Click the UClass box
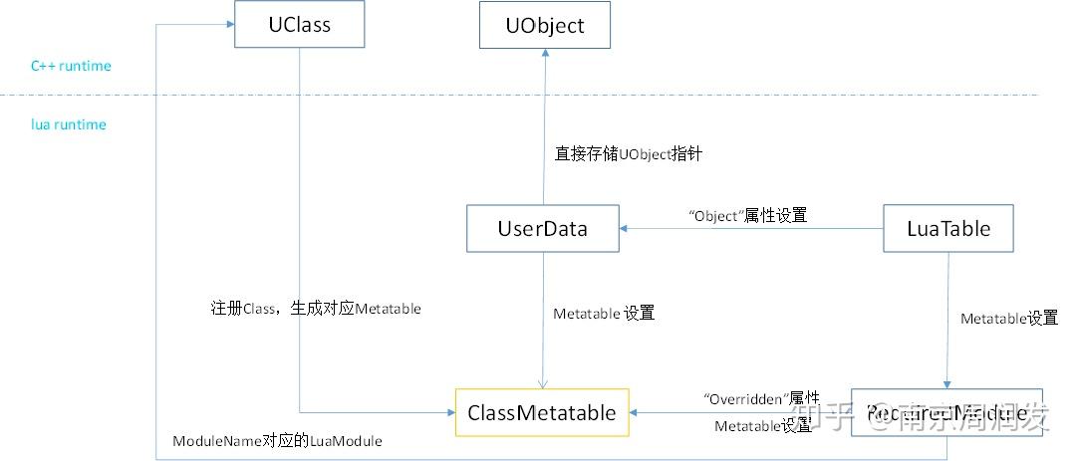coord(298,24)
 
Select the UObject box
coord(544,25)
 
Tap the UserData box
coord(542,228)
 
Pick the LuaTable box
coord(948,228)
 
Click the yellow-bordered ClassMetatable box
coord(542,412)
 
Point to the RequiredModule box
coord(945,412)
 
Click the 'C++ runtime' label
coord(71,66)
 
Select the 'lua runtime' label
coord(68,124)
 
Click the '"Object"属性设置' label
coord(747,215)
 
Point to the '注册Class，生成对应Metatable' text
coord(316,309)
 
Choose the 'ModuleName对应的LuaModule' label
coord(277,440)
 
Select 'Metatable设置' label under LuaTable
coord(1008,319)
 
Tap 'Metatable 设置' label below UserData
coord(604,313)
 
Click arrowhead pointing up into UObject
coord(544,55)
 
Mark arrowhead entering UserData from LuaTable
coord(625,229)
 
